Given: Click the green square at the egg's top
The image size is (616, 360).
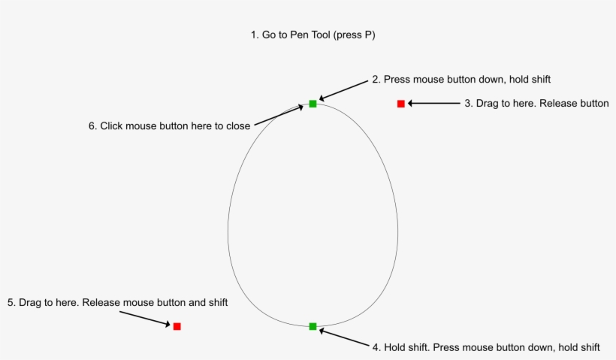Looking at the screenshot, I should point(313,104).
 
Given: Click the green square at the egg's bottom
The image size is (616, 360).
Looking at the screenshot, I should point(313,326).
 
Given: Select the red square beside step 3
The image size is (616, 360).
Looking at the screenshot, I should point(401,104).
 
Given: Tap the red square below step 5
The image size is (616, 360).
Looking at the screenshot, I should point(177,326).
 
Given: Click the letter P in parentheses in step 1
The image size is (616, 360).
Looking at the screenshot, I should point(369,35).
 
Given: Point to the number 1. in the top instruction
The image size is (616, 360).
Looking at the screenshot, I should point(255,35).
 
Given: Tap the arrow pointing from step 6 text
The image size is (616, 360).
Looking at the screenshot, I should point(278,116).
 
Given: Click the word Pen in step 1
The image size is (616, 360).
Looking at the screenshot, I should point(299,35).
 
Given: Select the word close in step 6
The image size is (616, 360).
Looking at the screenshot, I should point(237,126).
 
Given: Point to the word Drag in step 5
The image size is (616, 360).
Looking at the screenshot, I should point(31,303).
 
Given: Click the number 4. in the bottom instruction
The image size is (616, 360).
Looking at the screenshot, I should point(376,347).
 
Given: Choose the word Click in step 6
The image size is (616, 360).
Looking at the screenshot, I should point(112,126).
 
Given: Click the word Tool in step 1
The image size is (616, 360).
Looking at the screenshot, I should point(324,35).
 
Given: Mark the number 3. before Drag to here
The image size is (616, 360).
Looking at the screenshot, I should point(468,104).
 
